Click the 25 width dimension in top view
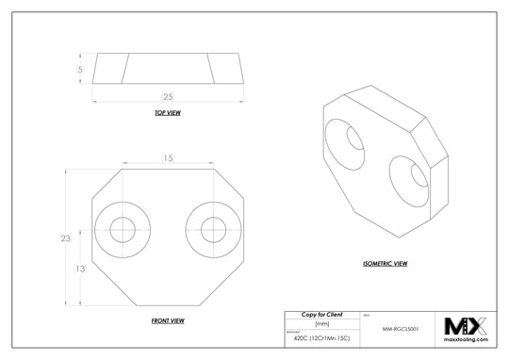coord(167,97)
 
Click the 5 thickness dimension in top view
coord(81,69)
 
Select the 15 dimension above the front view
coord(167,157)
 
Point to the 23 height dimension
coord(65,239)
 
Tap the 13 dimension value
coord(81,270)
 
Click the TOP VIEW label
coord(167,113)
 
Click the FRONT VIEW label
coord(167,321)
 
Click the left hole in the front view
coord(123,229)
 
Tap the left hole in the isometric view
coord(355,140)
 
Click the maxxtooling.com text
coord(465,341)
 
